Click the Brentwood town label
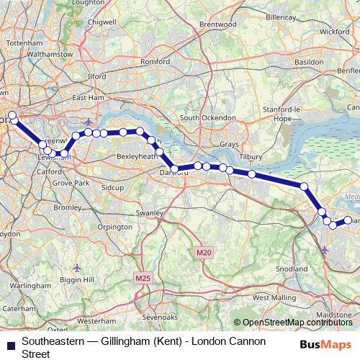click(x=217, y=24)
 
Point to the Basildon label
click(x=309, y=63)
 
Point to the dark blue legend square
click(x=10, y=341)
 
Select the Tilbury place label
click(x=251, y=156)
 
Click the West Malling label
click(x=269, y=297)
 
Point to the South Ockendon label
click(x=209, y=117)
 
